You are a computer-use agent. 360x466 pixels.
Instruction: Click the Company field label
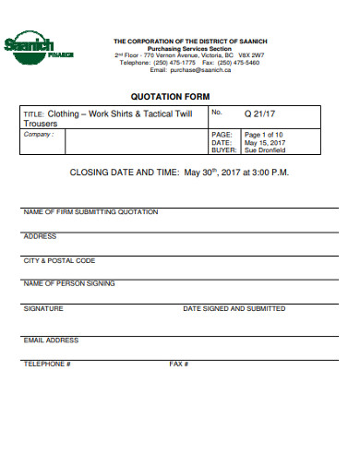point(39,135)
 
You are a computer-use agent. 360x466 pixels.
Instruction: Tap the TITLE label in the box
point(33,114)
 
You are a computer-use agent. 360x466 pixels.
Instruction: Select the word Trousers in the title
point(42,123)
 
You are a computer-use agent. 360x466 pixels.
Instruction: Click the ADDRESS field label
point(40,236)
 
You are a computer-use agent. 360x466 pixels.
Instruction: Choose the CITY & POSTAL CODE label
point(59,260)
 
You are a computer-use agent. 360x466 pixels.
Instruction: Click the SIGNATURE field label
point(42,308)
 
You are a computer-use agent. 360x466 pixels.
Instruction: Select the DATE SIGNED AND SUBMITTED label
point(234,308)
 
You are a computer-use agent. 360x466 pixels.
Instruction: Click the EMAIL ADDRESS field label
point(51,340)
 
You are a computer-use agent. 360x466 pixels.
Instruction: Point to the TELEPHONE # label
point(46,364)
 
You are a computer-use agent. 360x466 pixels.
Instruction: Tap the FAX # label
point(178,364)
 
